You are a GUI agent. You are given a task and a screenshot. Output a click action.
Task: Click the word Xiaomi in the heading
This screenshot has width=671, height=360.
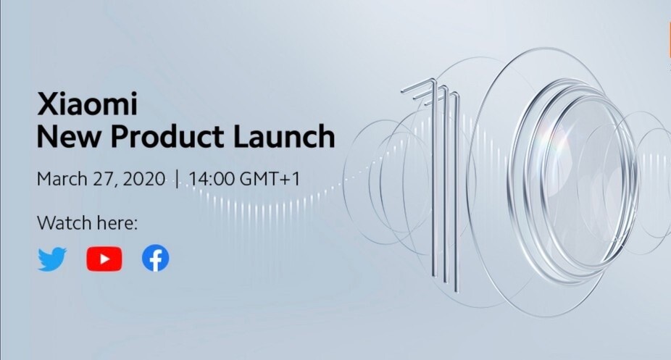[x=87, y=104]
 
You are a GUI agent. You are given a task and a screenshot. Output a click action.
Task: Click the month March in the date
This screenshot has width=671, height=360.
[x=62, y=179]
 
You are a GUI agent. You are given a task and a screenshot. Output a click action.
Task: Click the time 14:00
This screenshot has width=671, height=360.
[x=212, y=179]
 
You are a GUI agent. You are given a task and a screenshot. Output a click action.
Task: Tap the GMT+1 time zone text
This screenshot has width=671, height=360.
[x=270, y=179]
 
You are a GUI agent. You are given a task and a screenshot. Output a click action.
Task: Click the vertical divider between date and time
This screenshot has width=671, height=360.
[x=177, y=179]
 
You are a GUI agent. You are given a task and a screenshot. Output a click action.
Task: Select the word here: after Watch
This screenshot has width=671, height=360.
[x=117, y=223]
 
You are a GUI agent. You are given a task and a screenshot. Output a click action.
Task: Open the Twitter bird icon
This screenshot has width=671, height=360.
[x=52, y=259]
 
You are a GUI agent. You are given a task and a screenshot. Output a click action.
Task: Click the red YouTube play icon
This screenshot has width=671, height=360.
[x=104, y=259]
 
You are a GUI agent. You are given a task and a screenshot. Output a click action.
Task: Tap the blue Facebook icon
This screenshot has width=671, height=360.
[x=155, y=259]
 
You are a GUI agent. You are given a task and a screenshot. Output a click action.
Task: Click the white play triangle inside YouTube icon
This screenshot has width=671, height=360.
[x=105, y=259]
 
